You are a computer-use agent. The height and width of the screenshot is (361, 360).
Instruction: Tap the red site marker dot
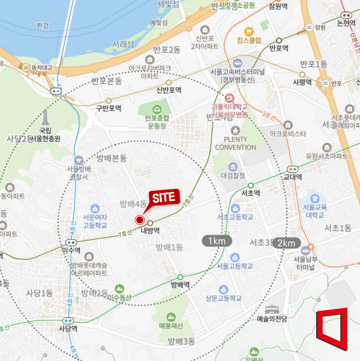(x=140, y=220)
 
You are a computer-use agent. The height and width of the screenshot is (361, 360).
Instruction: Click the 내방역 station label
(x=150, y=231)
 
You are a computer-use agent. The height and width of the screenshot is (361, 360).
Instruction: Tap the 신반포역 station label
(x=169, y=90)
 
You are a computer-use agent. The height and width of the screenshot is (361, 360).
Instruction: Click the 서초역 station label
(x=252, y=192)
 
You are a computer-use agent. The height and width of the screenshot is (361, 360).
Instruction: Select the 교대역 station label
(x=293, y=177)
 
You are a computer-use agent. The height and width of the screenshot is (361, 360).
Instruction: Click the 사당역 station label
(x=68, y=329)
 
